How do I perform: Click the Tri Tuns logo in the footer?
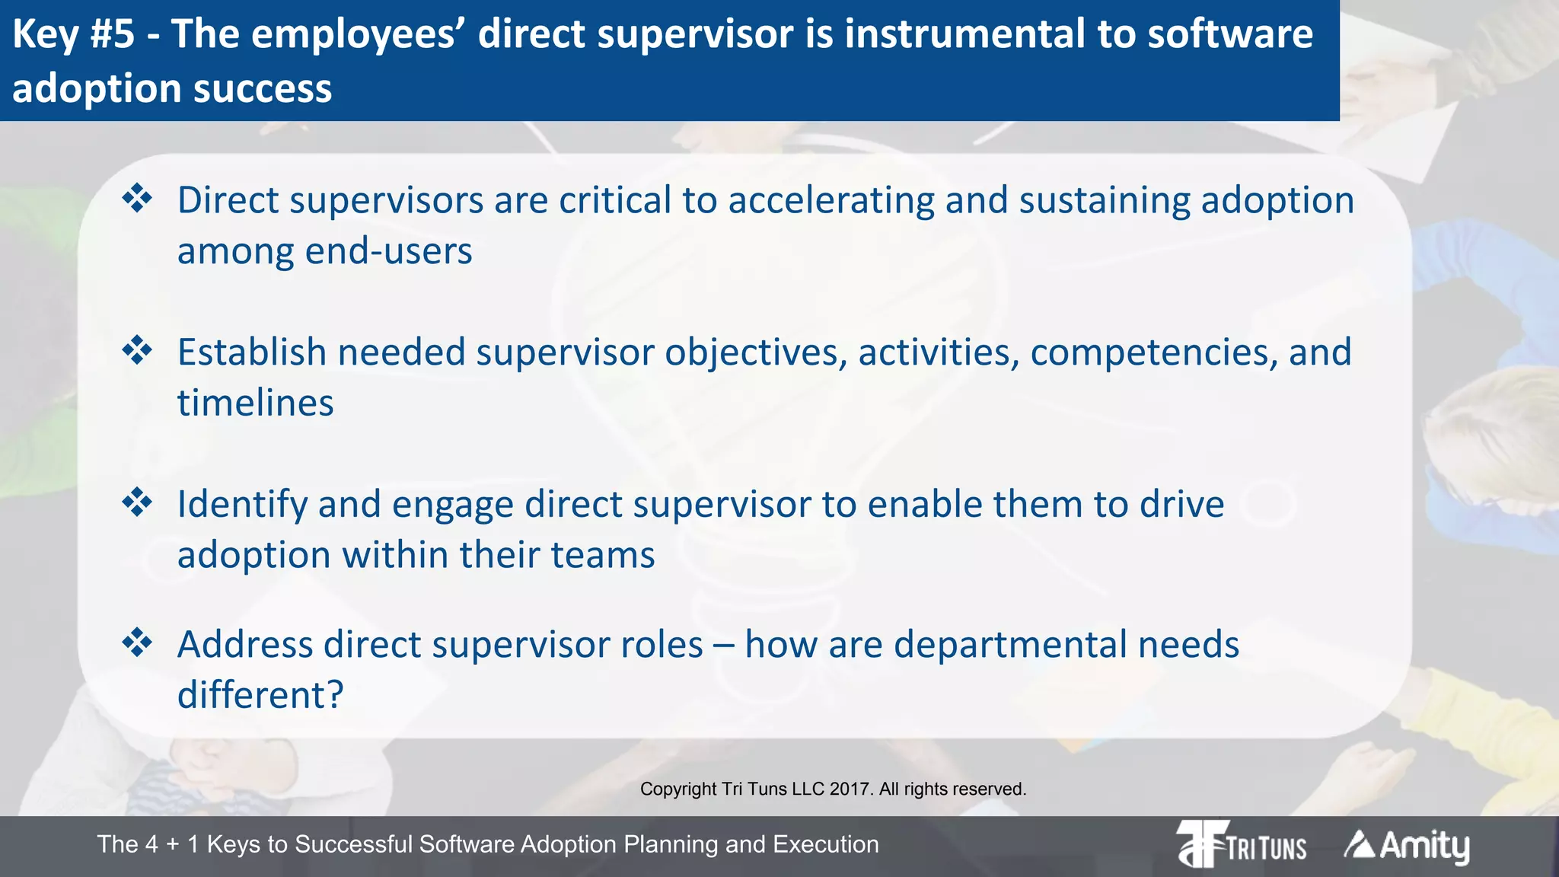point(1241,844)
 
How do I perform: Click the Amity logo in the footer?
point(1407,845)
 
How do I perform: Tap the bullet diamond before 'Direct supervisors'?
point(138,199)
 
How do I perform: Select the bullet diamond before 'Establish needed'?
point(138,351)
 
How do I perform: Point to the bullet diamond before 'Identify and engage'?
point(138,502)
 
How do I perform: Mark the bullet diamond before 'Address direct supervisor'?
point(138,643)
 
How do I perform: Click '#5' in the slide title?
point(113,34)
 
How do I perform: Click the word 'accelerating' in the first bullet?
point(831,200)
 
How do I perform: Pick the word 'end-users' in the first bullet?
point(388,251)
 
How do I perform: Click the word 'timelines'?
point(256,403)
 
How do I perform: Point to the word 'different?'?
point(260,695)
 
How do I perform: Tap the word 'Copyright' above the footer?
point(678,789)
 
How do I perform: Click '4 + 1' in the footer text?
point(173,844)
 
